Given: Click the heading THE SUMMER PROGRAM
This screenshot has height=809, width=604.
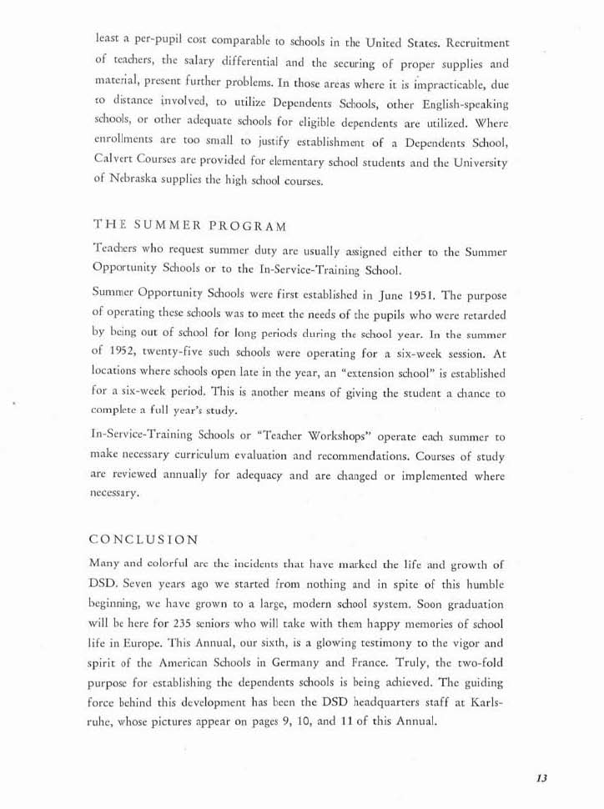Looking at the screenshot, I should [x=192, y=226].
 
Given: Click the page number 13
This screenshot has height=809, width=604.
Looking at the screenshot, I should [x=541, y=778].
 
